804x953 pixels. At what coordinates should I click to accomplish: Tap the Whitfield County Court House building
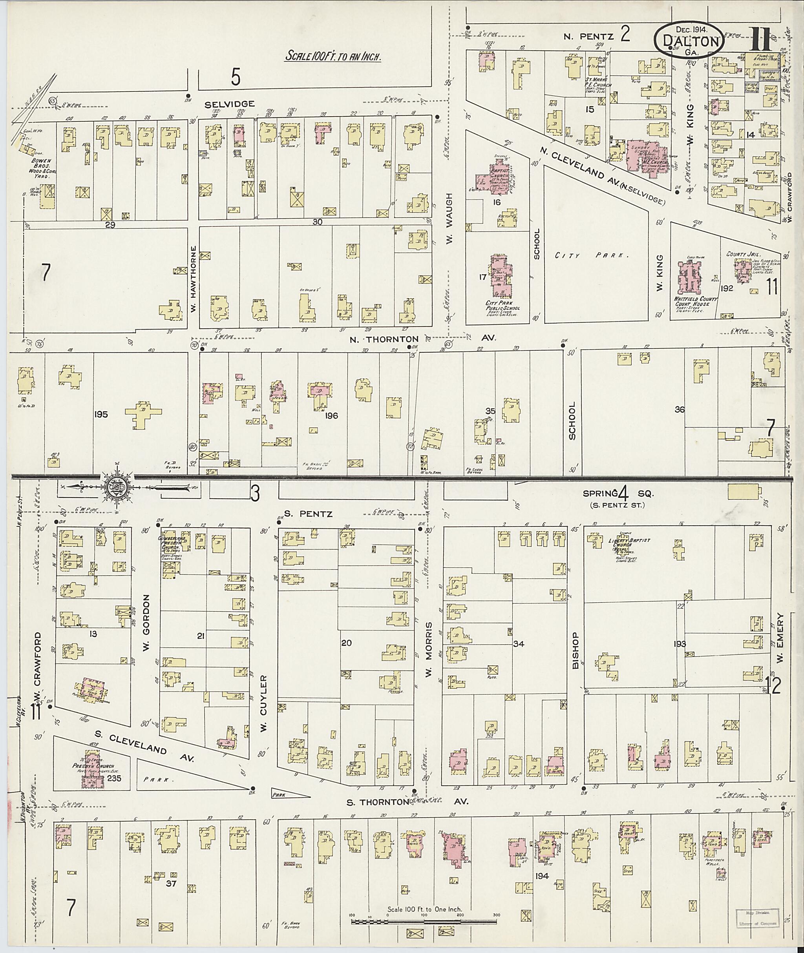click(x=691, y=278)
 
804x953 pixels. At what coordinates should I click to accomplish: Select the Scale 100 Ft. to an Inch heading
click(x=333, y=56)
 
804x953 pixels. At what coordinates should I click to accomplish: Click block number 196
click(x=331, y=415)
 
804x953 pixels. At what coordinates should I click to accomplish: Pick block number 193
click(x=679, y=644)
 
